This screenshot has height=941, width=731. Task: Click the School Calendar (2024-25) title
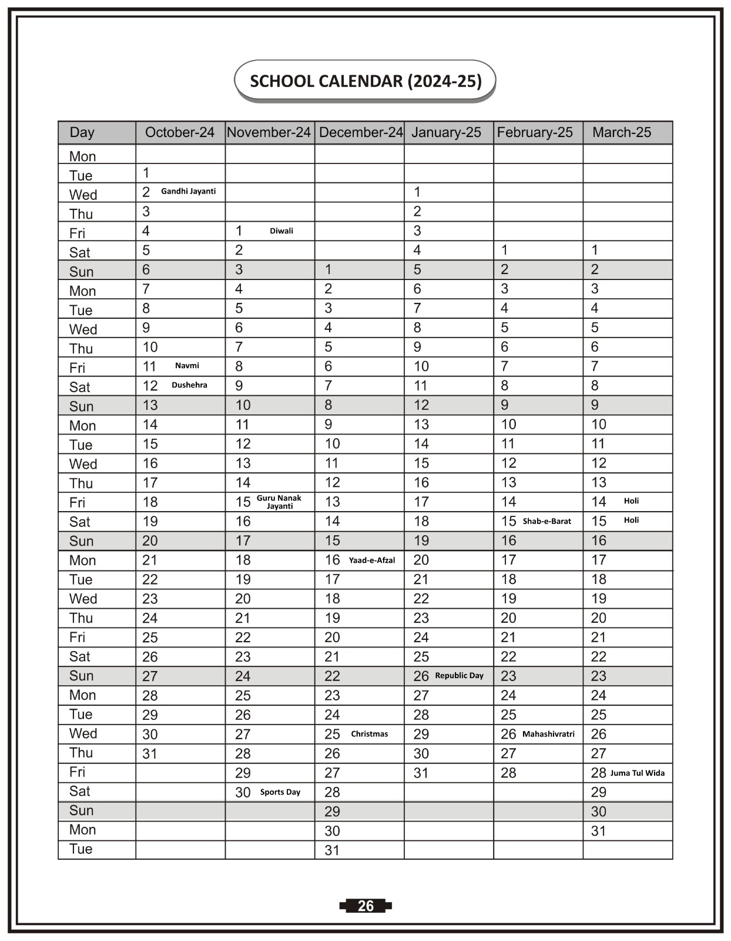[365, 81]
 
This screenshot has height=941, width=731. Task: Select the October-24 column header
[180, 132]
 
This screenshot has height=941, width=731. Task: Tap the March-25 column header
[622, 132]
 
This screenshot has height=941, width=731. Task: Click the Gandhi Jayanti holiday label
[188, 191]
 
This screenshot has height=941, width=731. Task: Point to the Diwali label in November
[281, 231]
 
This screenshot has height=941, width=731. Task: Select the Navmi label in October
[187, 366]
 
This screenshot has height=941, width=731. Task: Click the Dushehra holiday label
[189, 385]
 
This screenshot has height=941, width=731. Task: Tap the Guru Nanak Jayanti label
[279, 502]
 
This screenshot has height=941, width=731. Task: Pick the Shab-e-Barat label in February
[546, 521]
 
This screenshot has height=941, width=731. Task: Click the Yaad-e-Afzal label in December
[372, 560]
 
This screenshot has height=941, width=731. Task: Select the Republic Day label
[459, 676]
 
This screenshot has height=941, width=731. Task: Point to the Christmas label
[370, 734]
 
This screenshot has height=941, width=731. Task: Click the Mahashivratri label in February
[548, 734]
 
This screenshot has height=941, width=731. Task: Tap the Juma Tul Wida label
[637, 773]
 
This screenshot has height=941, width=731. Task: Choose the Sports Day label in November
[280, 792]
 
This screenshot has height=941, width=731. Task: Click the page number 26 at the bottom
[365, 906]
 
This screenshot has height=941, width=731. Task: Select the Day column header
[82, 132]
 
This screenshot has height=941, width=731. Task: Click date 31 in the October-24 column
[150, 753]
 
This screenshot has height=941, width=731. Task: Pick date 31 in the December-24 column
[332, 850]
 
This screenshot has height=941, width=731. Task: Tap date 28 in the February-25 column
[508, 773]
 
